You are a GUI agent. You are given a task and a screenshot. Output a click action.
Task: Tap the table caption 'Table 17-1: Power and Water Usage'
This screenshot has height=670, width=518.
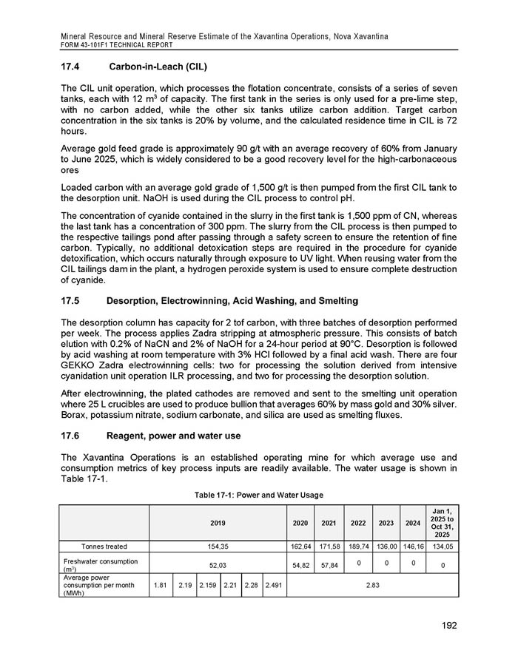coord(258,495)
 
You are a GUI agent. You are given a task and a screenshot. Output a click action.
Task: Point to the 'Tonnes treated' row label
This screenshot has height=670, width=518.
coord(104,547)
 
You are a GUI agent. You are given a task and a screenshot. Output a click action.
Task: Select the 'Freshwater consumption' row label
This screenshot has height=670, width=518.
coord(104,563)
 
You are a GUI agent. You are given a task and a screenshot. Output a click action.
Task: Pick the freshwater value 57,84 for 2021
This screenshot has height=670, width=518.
coord(327,564)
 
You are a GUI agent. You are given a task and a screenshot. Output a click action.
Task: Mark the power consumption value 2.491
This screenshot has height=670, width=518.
coord(274,585)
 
